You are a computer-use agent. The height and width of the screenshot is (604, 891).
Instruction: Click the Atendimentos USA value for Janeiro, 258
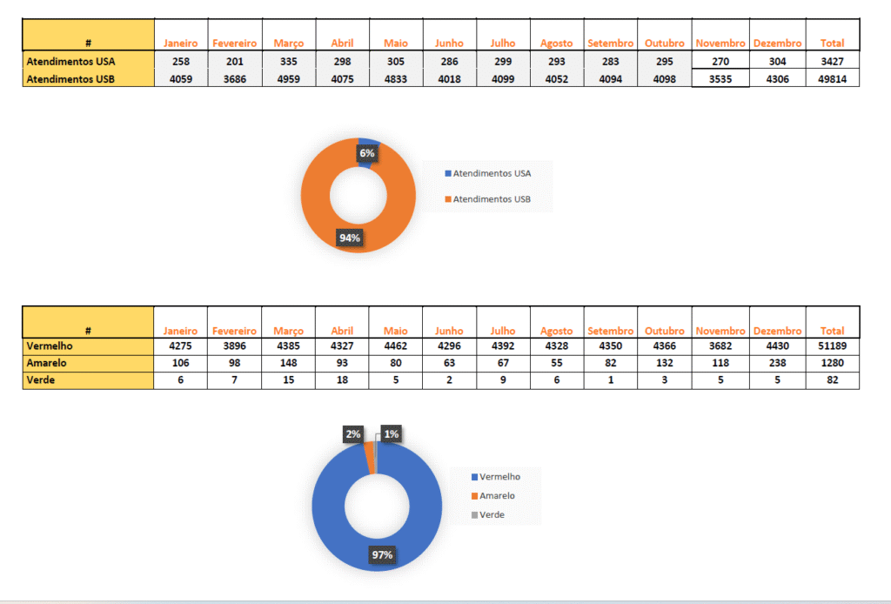coord(181,62)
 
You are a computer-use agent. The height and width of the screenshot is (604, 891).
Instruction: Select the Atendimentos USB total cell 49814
coord(832,78)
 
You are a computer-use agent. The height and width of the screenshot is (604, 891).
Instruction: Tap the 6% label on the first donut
coord(366,153)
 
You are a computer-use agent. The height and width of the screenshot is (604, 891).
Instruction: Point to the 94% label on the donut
coord(349,237)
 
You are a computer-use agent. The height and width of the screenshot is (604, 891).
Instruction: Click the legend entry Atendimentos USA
coord(492,173)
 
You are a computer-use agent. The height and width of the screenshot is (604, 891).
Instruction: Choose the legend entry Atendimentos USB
coord(492,199)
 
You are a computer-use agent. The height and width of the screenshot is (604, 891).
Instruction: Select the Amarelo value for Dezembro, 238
coord(778,363)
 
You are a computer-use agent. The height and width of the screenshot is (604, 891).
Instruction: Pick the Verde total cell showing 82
coord(832,379)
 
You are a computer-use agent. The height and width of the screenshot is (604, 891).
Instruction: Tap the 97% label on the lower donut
coord(381,554)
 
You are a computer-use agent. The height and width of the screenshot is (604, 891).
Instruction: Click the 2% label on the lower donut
coord(352,433)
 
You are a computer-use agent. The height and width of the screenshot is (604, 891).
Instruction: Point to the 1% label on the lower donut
coord(391,433)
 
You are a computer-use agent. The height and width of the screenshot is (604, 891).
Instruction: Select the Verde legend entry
coord(492,514)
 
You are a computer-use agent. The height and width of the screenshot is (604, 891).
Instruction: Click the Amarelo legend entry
coord(497,495)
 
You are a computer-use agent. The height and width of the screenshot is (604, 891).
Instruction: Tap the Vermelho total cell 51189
coord(832,346)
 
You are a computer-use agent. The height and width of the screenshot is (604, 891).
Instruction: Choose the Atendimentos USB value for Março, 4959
coord(288,78)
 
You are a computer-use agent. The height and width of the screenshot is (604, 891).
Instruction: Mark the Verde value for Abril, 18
coord(342,379)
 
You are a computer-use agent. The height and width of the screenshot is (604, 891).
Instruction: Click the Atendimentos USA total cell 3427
coord(832,62)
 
